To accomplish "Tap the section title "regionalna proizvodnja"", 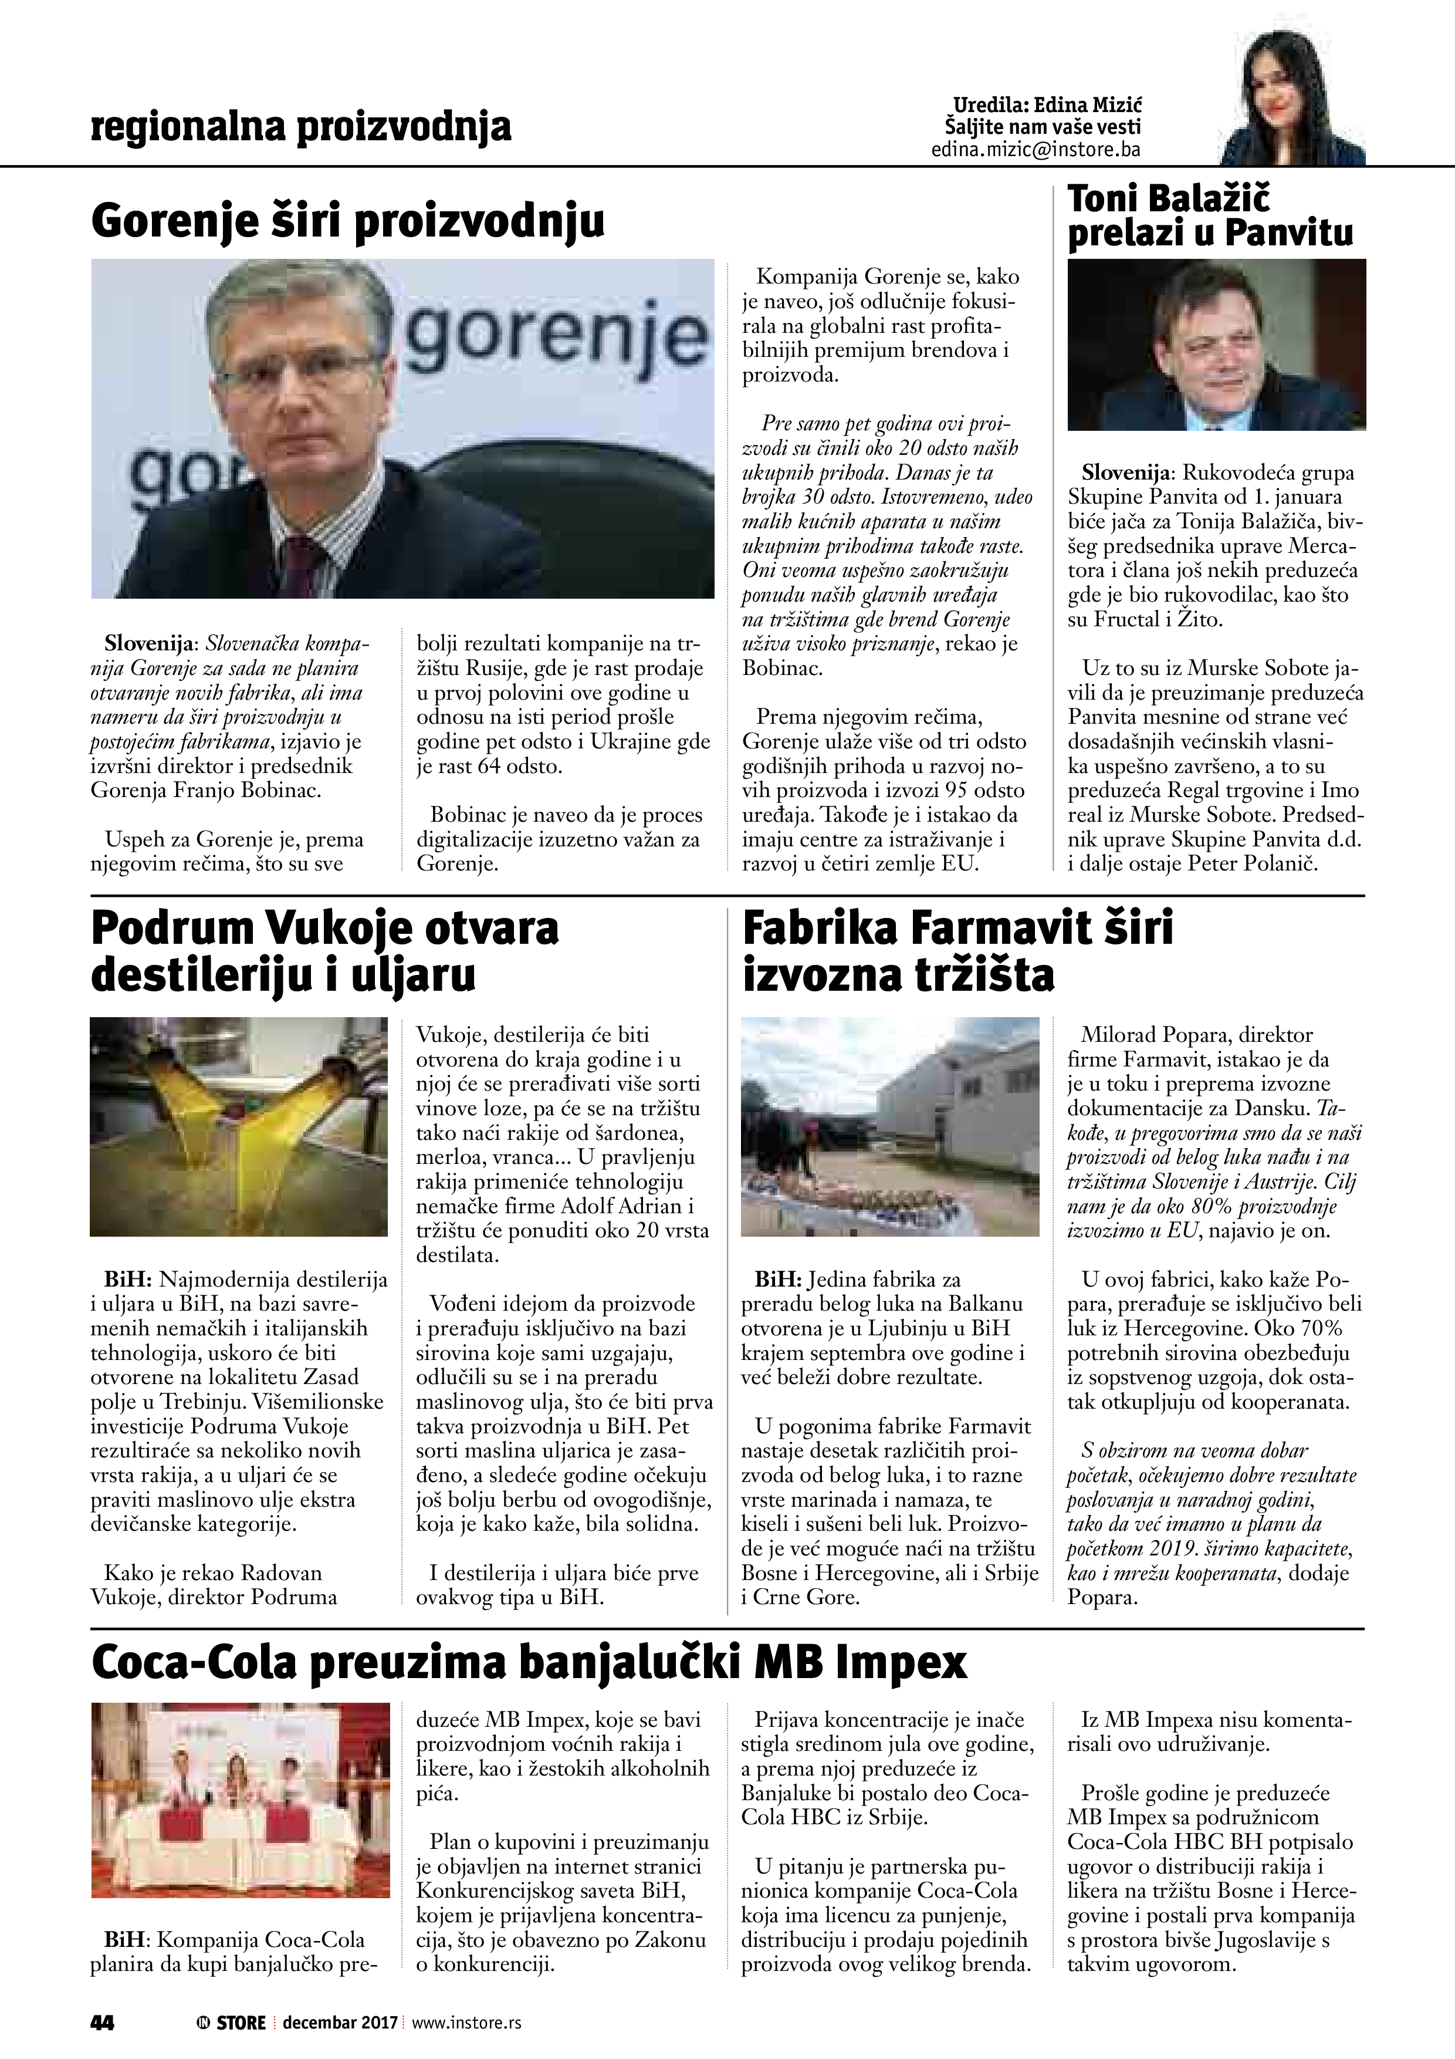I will (301, 127).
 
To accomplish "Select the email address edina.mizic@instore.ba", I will (1036, 150).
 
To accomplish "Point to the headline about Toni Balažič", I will (1210, 215).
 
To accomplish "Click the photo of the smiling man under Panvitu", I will (1217, 345).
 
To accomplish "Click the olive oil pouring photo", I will (239, 1126).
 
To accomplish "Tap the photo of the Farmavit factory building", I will (890, 1126).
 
